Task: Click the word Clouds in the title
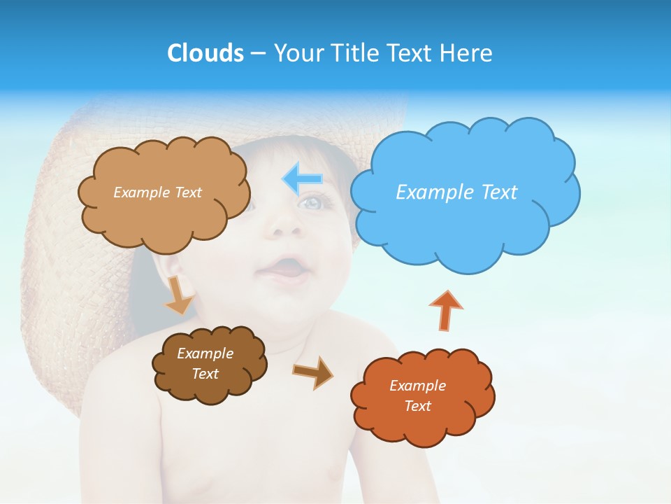pos(205,53)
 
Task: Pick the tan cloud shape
pos(164,210)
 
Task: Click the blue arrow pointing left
pos(303,180)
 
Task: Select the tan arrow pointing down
pos(179,295)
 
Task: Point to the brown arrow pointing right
pos(313,372)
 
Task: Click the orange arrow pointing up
pos(445,309)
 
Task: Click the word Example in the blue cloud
pos(428,192)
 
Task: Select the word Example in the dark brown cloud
pos(205,353)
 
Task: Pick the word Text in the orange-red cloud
pos(417,406)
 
